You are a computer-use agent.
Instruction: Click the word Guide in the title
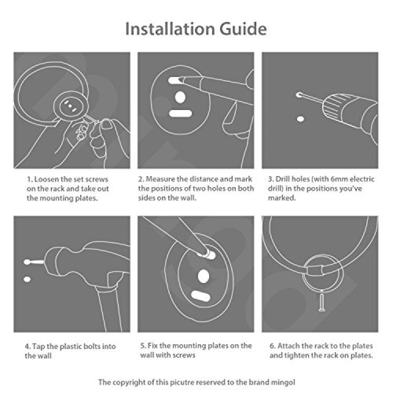click(243, 29)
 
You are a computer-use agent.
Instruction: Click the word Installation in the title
click(170, 29)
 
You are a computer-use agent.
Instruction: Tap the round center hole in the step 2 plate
click(180, 97)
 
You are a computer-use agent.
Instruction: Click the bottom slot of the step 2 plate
click(180, 114)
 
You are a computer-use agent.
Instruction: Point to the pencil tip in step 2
click(181, 80)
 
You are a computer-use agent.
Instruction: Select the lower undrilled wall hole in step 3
click(300, 119)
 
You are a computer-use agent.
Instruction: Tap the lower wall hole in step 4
click(27, 279)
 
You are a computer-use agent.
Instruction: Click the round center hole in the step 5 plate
click(203, 276)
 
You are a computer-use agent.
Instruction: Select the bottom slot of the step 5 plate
click(201, 296)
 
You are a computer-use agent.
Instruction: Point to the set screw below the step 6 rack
click(322, 302)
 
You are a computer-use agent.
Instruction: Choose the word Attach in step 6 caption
click(289, 346)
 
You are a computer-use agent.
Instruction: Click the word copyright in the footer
click(130, 383)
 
